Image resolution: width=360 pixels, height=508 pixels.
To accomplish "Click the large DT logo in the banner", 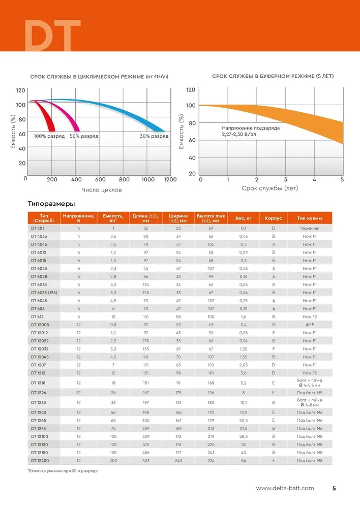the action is pyautogui.click(x=52, y=36).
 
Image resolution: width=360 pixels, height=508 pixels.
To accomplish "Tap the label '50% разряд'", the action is pyautogui.click(x=84, y=136).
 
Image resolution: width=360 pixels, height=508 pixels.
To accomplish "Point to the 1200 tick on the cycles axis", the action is pyautogui.click(x=170, y=179).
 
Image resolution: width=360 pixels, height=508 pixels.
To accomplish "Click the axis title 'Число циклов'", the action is pyautogui.click(x=102, y=190).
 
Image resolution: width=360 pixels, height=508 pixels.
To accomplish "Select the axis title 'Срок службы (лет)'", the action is pyautogui.click(x=270, y=188).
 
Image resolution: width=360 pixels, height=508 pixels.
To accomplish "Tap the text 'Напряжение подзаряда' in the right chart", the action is pyautogui.click(x=251, y=128).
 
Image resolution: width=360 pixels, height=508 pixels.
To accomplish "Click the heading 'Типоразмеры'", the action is pyautogui.click(x=51, y=204).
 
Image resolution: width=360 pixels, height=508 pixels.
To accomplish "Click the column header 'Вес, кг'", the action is pyautogui.click(x=244, y=218).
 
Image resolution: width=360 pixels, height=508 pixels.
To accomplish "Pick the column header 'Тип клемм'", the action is pyautogui.click(x=309, y=218).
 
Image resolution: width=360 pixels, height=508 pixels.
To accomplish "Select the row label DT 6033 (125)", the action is pyautogui.click(x=44, y=293).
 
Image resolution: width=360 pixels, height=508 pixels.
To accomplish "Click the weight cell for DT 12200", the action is pyautogui.click(x=244, y=461).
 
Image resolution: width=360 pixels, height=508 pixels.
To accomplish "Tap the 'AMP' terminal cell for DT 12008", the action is pyautogui.click(x=310, y=325).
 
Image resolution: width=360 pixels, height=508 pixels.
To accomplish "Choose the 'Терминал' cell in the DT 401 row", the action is pyautogui.click(x=309, y=229).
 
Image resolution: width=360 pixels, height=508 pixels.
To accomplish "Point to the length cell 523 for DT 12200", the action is pyautogui.click(x=146, y=461).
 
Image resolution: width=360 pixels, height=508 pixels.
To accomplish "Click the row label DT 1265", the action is pyautogui.click(x=39, y=421).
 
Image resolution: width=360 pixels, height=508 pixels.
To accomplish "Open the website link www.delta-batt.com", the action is pyautogui.click(x=285, y=488).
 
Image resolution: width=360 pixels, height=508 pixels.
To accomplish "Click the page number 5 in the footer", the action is pyautogui.click(x=334, y=488).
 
